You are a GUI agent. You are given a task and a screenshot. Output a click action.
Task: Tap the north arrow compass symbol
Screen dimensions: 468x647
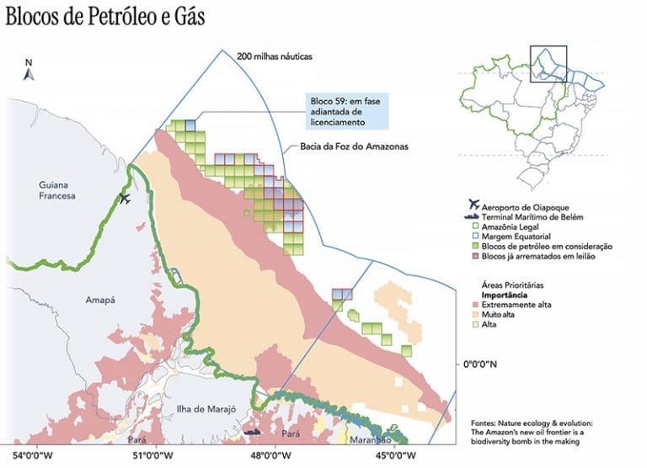coord(28,71)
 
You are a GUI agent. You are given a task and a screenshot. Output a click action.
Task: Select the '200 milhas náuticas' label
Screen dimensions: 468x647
coord(275,56)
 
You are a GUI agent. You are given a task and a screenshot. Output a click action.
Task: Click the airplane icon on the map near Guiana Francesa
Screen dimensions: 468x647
coord(126,199)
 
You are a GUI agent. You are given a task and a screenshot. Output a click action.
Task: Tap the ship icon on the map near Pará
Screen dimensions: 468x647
coord(252,432)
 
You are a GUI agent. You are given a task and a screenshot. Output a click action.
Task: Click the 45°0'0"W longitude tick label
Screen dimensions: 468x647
coord(395,455)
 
